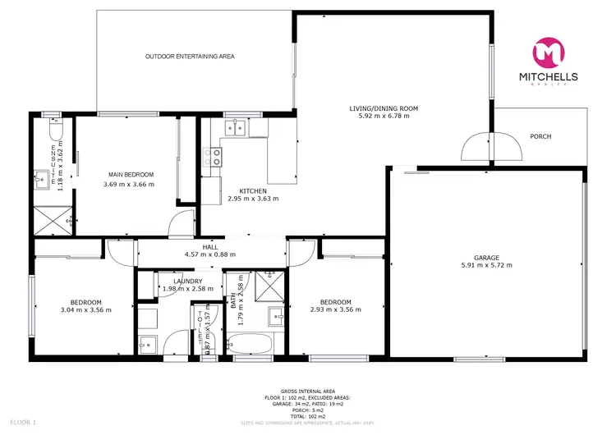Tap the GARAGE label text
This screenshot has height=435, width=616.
486,257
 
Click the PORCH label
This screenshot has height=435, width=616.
540,136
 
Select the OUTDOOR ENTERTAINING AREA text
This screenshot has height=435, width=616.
190,57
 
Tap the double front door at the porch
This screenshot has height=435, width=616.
491,148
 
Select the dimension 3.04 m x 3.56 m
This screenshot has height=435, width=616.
85,309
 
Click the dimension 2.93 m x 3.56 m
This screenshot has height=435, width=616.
337,309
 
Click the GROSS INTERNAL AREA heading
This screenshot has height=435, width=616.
308,391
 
